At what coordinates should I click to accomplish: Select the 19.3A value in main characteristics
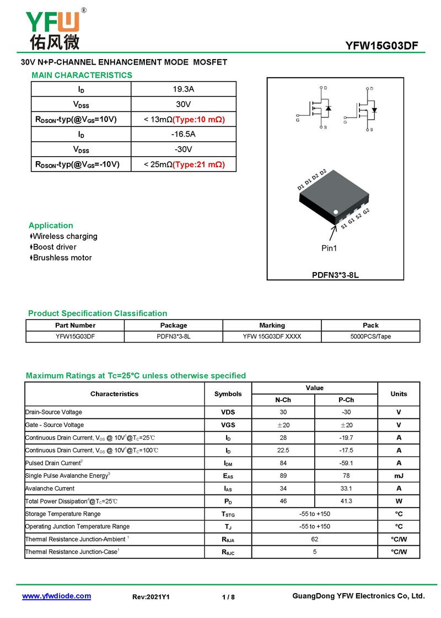pyautogui.click(x=184, y=89)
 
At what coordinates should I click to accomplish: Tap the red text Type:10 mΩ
pyautogui.click(x=199, y=119)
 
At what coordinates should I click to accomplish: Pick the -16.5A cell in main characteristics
pyautogui.click(x=184, y=134)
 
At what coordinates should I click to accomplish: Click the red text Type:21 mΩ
pyautogui.click(x=199, y=164)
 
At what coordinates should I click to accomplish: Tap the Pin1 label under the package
pyautogui.click(x=329, y=248)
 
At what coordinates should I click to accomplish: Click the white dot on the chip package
pyautogui.click(x=336, y=212)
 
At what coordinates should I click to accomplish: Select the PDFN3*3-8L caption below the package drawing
pyautogui.click(x=335, y=274)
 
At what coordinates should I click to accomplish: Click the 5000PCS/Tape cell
pyautogui.click(x=370, y=336)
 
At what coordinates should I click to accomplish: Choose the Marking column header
pyautogui.click(x=272, y=326)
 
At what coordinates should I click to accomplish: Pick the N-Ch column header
pyautogui.click(x=283, y=400)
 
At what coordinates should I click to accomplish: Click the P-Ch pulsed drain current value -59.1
pyautogui.click(x=346, y=463)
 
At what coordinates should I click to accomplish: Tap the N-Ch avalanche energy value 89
pyautogui.click(x=283, y=476)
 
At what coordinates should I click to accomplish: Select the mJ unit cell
pyautogui.click(x=399, y=476)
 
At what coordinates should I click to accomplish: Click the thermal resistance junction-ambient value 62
pyautogui.click(x=314, y=539)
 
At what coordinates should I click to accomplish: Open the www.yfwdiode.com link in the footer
pyautogui.click(x=56, y=596)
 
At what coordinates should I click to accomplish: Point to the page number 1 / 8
pyautogui.click(x=228, y=597)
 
